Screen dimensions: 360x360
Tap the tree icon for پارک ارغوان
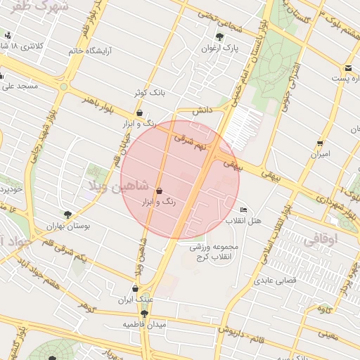[220, 37]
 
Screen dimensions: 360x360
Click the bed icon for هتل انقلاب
[244, 210]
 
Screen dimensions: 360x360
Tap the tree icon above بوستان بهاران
[67, 214]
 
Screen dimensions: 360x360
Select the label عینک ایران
[135, 300]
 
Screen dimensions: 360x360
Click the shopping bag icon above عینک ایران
[135, 288]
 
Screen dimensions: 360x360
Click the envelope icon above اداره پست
[348, 68]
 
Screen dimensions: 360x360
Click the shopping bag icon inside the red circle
[159, 191]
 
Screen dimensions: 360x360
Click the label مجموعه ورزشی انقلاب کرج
[215, 252]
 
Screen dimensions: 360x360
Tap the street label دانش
[203, 110]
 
